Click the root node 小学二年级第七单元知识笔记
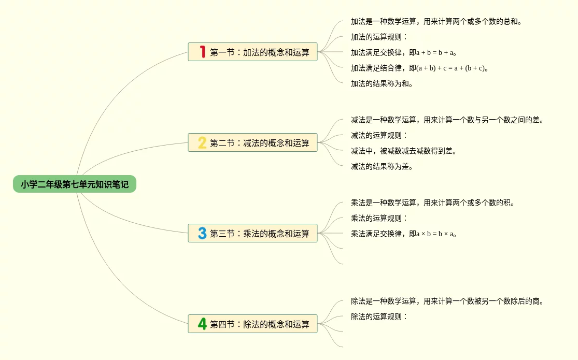[x=75, y=184]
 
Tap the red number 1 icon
[x=202, y=52]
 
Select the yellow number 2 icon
[x=202, y=142]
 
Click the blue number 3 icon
[x=202, y=233]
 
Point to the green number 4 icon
[x=202, y=324]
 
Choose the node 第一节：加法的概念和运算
[x=259, y=52]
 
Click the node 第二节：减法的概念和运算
[x=259, y=142]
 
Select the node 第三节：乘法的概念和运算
[x=259, y=233]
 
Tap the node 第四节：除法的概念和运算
[x=259, y=324]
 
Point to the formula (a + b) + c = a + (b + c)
[x=451, y=68]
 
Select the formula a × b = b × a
[x=434, y=234]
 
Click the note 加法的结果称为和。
[x=382, y=83]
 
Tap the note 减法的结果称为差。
[x=382, y=166]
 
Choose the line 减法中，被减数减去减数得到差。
[x=404, y=151]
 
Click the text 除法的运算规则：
[x=379, y=316]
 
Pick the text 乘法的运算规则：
[x=379, y=218]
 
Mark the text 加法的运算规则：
[x=379, y=37]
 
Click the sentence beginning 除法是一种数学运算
[x=447, y=301]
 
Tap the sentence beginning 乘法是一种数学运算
[x=433, y=203]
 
